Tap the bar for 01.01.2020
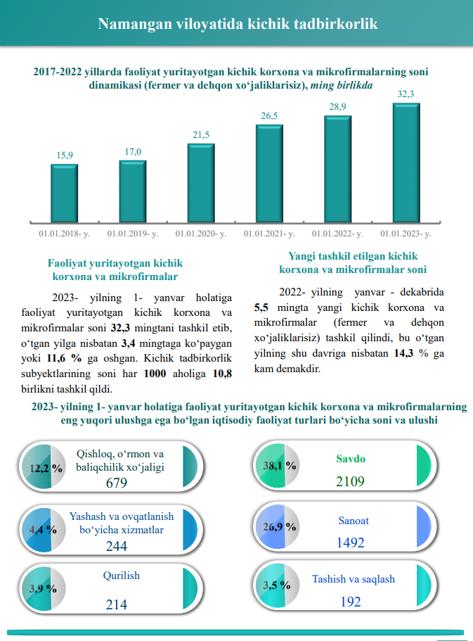coord(201,184)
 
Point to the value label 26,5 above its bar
coord(269,116)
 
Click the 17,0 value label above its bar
coord(133,151)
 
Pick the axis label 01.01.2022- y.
coord(337,233)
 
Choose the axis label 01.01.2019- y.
coord(132,233)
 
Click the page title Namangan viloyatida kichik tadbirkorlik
coord(237,24)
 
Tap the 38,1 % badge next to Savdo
coord(279,465)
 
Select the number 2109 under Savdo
coord(350,481)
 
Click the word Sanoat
coord(353,521)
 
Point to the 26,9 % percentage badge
coord(279,526)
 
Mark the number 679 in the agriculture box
coord(116,483)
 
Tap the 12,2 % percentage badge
coord(46,467)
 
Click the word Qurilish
coord(121,576)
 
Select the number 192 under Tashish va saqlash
coord(350,602)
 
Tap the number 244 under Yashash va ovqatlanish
coord(116,546)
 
